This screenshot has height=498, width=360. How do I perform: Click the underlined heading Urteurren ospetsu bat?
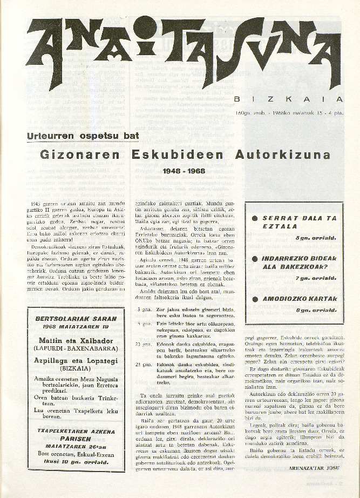pos(83,136)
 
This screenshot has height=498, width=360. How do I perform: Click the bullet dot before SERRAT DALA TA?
pos(255,219)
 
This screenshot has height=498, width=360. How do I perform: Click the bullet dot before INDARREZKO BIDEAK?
pos(255,258)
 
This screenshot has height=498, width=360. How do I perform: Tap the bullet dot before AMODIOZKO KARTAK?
pos(255,299)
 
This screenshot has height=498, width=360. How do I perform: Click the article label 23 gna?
pos(144,365)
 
